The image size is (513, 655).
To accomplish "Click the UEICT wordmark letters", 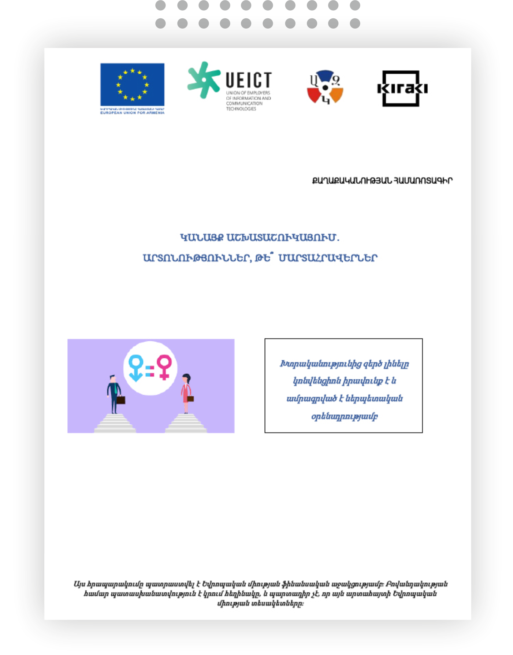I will [x=248, y=79].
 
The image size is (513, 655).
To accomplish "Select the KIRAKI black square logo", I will [x=402, y=88].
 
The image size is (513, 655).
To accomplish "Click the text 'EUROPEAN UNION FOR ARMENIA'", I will [x=132, y=113].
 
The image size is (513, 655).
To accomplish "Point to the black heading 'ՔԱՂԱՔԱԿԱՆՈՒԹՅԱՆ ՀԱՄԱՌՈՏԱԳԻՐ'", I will [x=382, y=181].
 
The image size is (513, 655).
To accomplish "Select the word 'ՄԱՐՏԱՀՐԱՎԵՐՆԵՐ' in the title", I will [x=328, y=258].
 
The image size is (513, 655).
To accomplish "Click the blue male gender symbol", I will [x=136, y=368].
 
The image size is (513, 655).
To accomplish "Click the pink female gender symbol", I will [x=164, y=367].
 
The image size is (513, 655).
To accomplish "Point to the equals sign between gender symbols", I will [x=150, y=371].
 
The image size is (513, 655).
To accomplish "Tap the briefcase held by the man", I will [x=121, y=400].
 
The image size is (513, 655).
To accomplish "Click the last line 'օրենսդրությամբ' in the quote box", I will [x=344, y=416].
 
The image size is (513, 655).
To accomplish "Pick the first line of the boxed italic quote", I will [x=344, y=364].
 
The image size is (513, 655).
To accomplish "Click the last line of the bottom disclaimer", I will [x=260, y=603].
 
